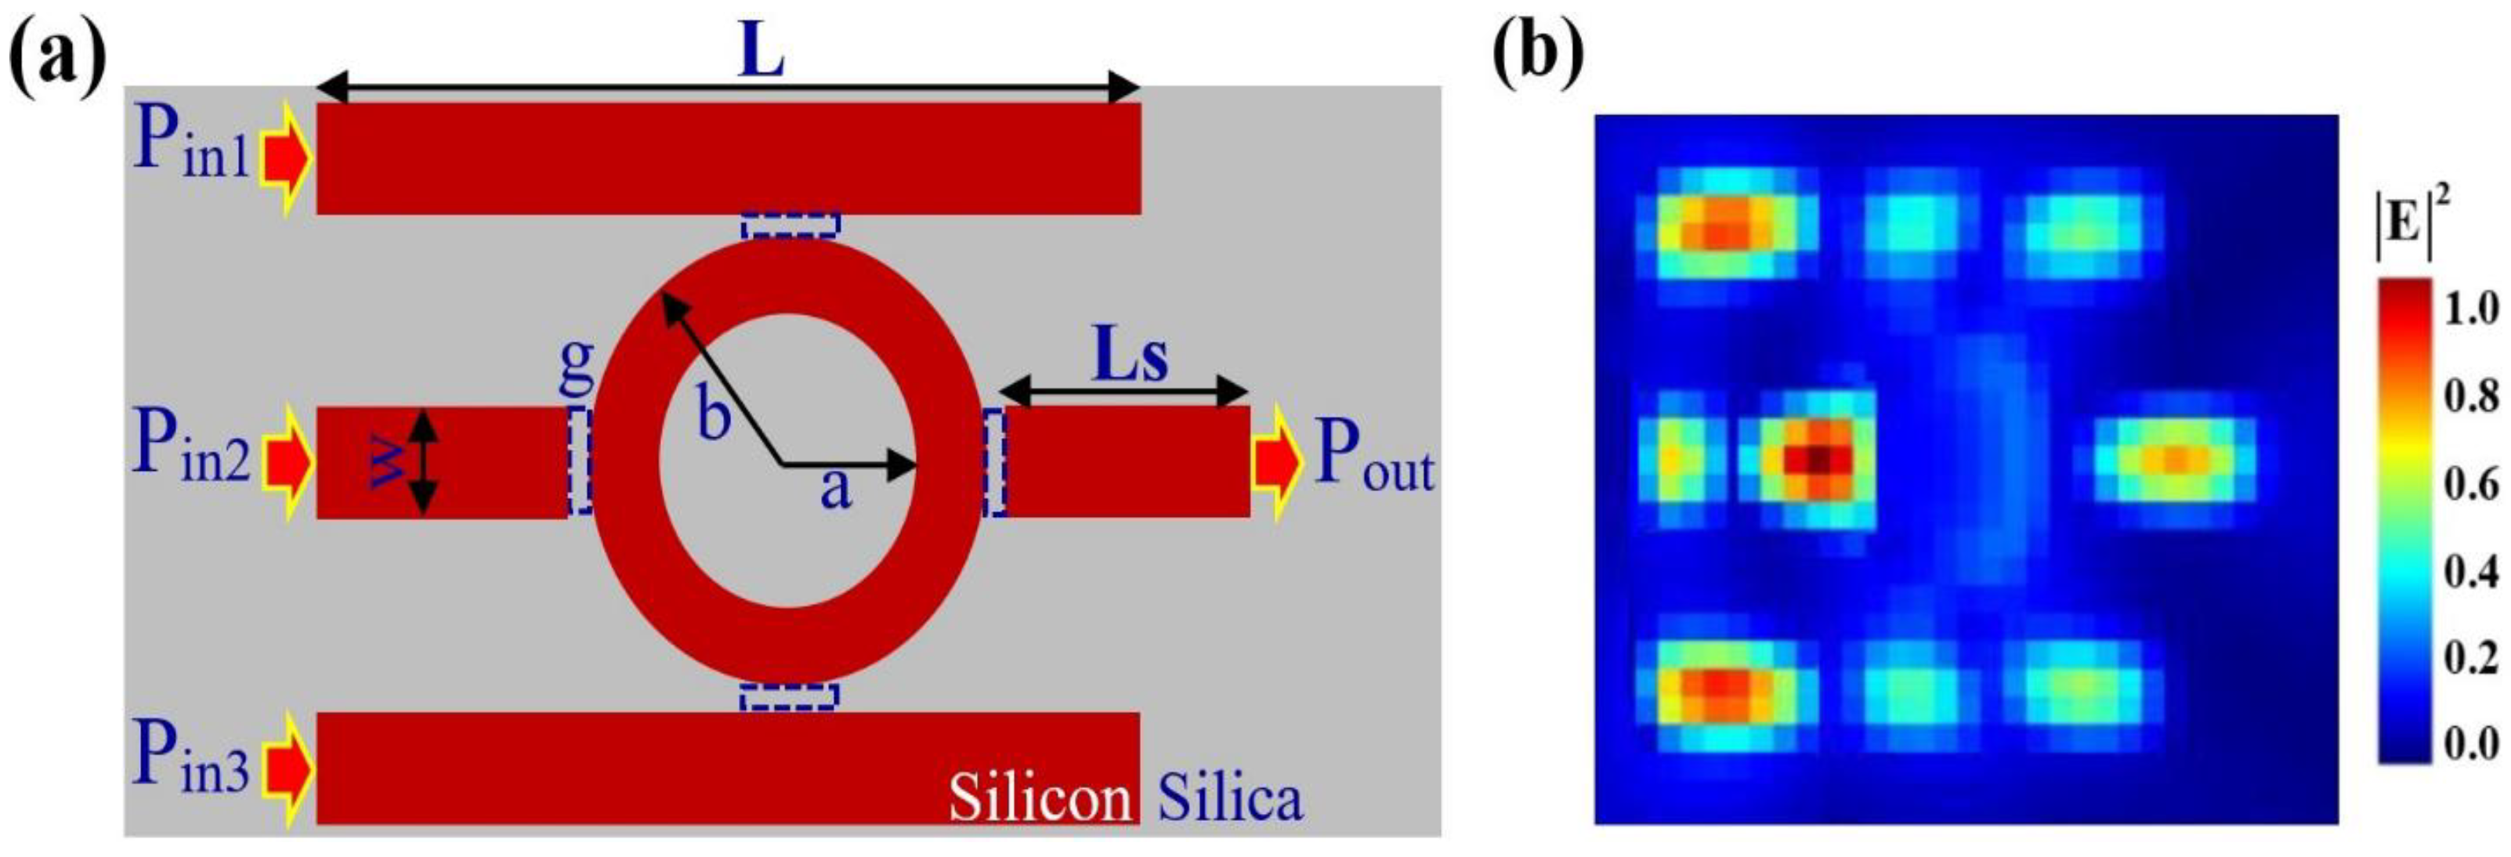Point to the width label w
(389, 462)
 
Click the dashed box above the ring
(790, 226)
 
